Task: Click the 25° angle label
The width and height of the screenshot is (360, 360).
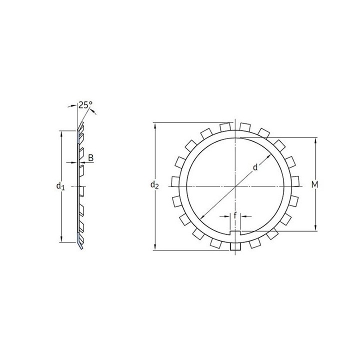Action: tap(85, 105)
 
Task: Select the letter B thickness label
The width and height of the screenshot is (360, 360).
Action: tap(91, 158)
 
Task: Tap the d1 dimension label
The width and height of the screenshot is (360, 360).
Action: tap(60, 186)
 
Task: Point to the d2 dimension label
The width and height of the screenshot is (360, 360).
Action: tap(154, 185)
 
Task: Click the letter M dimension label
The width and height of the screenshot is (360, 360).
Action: tap(315, 184)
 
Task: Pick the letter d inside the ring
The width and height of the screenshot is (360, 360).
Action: tap(255, 167)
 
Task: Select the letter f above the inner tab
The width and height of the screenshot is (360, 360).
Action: tap(235, 215)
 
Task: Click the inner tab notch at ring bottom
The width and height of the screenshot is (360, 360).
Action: tap(235, 233)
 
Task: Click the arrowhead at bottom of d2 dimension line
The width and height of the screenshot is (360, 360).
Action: tap(155, 247)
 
